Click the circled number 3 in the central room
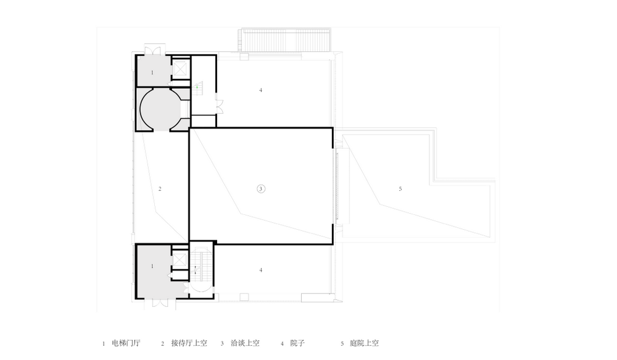click(261, 189)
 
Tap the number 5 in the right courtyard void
click(400, 188)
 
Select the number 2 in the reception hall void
click(160, 188)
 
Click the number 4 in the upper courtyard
click(260, 90)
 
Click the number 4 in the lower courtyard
click(261, 270)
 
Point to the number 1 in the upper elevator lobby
click(152, 73)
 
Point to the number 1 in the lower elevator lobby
click(152, 266)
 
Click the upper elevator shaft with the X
click(180, 70)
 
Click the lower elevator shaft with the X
click(180, 260)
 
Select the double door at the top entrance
click(152, 49)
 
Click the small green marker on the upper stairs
click(197, 88)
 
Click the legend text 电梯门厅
click(126, 343)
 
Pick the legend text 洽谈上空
click(244, 343)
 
